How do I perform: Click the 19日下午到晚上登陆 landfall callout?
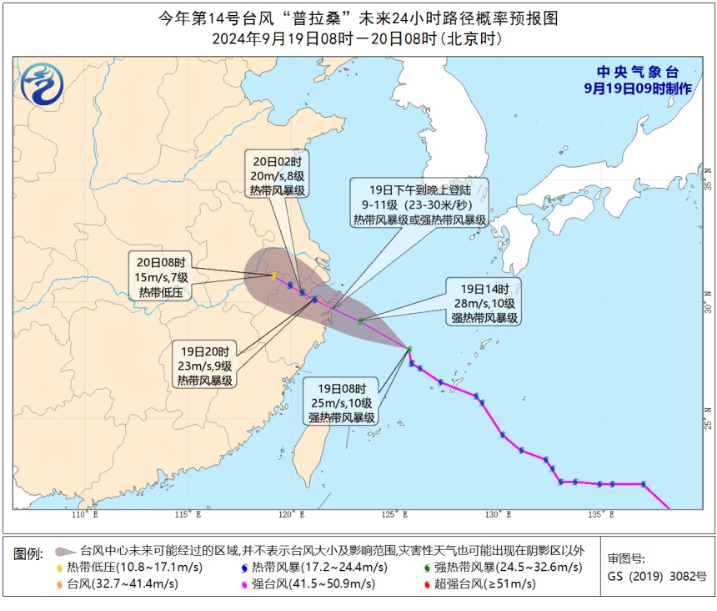pyautogui.click(x=419, y=203)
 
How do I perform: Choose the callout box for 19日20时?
pyautogui.click(x=204, y=365)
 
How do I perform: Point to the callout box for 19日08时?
pyautogui.click(x=342, y=403)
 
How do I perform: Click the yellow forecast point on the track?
pyautogui.click(x=273, y=275)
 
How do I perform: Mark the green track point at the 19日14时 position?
pyautogui.click(x=360, y=321)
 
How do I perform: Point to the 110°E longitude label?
pyautogui.click(x=81, y=514)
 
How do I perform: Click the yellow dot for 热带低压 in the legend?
pyautogui.click(x=60, y=568)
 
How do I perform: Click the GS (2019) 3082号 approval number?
pyautogui.click(x=657, y=576)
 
